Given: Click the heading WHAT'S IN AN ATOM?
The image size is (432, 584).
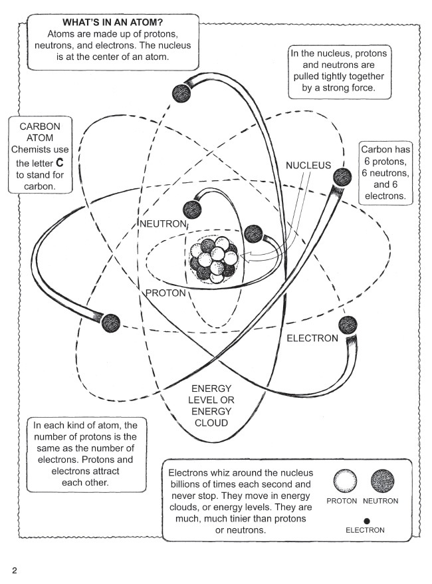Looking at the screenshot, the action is [112, 23].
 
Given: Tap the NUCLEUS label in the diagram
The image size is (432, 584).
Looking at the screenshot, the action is [308, 166].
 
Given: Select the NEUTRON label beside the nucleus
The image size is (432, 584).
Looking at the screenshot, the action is [163, 223].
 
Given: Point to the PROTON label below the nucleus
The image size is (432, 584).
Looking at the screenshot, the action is [165, 293].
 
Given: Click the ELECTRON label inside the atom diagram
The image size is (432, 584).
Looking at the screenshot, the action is [312, 338].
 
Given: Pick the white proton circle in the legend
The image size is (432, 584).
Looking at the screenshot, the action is [345, 480].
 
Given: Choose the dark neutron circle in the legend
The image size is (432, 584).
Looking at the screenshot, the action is [382, 480].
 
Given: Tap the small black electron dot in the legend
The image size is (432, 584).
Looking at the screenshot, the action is [366, 521].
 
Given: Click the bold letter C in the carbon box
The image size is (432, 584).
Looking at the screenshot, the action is [60, 163].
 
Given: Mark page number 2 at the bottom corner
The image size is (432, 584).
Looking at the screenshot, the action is [15, 571].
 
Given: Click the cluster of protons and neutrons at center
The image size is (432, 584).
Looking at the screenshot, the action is [213, 259].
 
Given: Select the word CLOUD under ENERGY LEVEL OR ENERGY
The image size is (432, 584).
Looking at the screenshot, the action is [211, 423].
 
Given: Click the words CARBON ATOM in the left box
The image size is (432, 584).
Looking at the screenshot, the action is [40, 132].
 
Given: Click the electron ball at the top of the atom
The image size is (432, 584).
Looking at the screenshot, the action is [181, 92].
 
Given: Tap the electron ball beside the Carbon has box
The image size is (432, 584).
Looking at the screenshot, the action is [342, 178].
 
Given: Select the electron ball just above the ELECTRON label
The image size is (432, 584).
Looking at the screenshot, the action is [348, 325].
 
